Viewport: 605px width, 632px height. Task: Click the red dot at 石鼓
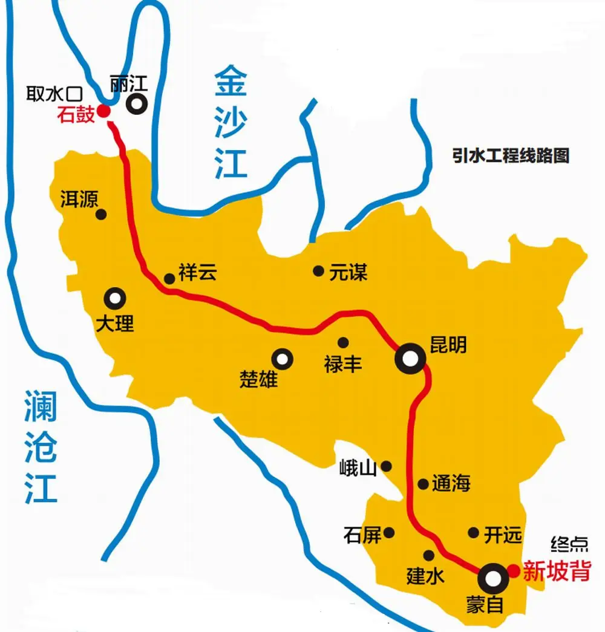(x=104, y=111)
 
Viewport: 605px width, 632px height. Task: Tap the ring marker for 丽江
(x=137, y=104)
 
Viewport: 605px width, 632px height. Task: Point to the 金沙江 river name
(x=231, y=124)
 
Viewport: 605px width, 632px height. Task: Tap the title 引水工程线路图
(x=511, y=155)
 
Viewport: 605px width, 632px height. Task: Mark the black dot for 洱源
(x=102, y=214)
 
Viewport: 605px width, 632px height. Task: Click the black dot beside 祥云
(x=169, y=278)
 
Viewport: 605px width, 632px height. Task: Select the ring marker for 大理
(x=115, y=298)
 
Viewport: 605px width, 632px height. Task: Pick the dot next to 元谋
(x=318, y=271)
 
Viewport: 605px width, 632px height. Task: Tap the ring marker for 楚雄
(x=282, y=359)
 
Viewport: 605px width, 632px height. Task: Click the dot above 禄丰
(x=343, y=342)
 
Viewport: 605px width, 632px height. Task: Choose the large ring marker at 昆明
(x=410, y=359)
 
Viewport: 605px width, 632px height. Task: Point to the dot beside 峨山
(x=386, y=466)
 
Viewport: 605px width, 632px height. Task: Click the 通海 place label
(x=451, y=484)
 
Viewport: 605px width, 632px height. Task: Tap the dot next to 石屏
(x=390, y=532)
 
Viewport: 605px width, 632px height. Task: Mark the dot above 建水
(x=429, y=555)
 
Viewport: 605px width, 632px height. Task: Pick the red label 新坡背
(x=556, y=571)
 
